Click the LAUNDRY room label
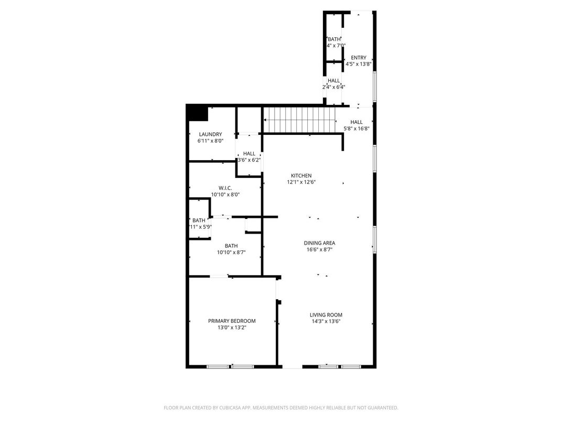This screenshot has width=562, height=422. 210,134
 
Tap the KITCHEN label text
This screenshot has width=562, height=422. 301,176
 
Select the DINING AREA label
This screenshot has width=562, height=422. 319,243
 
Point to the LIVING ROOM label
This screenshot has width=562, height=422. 326,315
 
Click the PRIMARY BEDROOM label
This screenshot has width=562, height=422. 232,321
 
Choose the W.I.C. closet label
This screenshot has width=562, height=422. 225,188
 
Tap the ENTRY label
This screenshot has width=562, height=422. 359,58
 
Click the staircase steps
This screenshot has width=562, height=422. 299,120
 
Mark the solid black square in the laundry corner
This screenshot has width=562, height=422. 198,113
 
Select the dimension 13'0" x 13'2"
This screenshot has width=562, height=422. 232,328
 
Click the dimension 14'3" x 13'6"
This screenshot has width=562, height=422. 326,322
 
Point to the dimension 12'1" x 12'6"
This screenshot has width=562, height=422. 301,183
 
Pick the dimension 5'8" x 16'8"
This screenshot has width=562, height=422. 356,129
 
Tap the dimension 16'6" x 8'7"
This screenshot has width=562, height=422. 319,250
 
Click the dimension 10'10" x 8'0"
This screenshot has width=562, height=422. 225,195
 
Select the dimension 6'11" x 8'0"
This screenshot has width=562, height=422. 210,141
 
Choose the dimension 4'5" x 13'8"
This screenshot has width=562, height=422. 359,64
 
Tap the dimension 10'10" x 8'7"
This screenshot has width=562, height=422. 231,252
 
